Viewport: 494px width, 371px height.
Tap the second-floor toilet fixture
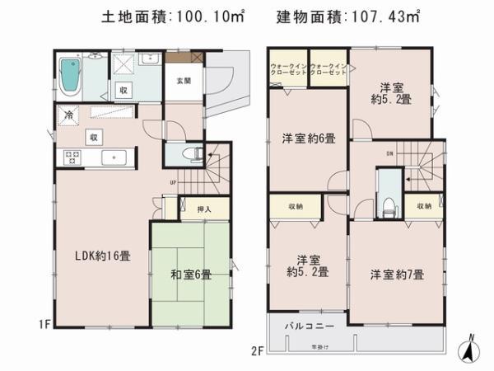click(386, 202)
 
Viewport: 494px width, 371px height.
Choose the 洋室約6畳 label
click(308, 139)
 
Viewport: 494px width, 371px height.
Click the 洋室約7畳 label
click(396, 275)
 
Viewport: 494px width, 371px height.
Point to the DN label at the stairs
click(389, 153)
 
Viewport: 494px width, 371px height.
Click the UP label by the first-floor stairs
click(172, 182)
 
